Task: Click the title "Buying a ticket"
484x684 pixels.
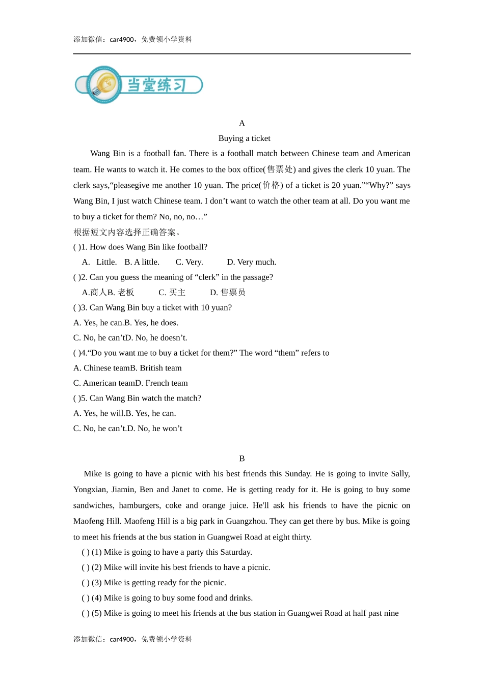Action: coord(244,138)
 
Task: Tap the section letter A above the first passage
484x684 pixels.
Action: coord(242,123)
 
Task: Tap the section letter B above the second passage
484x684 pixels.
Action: coord(242,459)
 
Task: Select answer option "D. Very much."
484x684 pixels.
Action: coord(252,262)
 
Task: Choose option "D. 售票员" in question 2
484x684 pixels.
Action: coord(228,293)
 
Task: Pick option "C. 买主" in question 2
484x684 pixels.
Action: coord(172,293)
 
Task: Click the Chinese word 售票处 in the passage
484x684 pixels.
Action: coord(280,169)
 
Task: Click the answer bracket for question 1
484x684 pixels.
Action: coord(77,247)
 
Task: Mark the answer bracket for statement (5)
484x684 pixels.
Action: coord(86,614)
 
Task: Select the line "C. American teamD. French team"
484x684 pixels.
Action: coord(130,383)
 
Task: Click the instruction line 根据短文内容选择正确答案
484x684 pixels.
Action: coord(127,233)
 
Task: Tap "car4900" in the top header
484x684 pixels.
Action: coord(122,40)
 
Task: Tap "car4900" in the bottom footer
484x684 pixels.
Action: coord(122,640)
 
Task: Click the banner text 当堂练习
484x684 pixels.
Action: coord(156,85)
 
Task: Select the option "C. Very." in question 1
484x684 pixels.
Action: coord(190,262)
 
